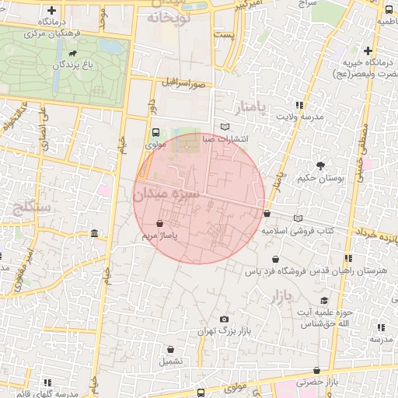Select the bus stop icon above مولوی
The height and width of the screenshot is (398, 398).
155,132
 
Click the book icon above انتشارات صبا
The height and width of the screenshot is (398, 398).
225,126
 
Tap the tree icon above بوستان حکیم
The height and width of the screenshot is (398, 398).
320,165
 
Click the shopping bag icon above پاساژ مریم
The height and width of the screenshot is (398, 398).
159,224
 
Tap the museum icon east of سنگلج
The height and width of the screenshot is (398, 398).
94,234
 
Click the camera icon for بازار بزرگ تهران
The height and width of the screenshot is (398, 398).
225,319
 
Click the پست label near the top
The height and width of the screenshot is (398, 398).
224,36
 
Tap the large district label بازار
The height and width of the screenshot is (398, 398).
286,296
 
